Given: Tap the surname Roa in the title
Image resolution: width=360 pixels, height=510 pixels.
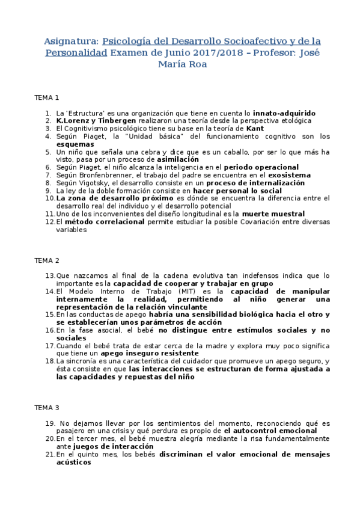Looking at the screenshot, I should tap(196, 64).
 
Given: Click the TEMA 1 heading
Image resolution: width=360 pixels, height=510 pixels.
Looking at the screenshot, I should tap(47, 97).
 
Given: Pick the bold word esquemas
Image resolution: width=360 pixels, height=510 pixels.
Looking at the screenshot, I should tap(74, 144).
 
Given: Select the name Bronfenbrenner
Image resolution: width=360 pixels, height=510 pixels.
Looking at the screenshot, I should tap(106, 175).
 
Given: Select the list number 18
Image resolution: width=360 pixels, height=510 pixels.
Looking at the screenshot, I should tap(50, 361).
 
